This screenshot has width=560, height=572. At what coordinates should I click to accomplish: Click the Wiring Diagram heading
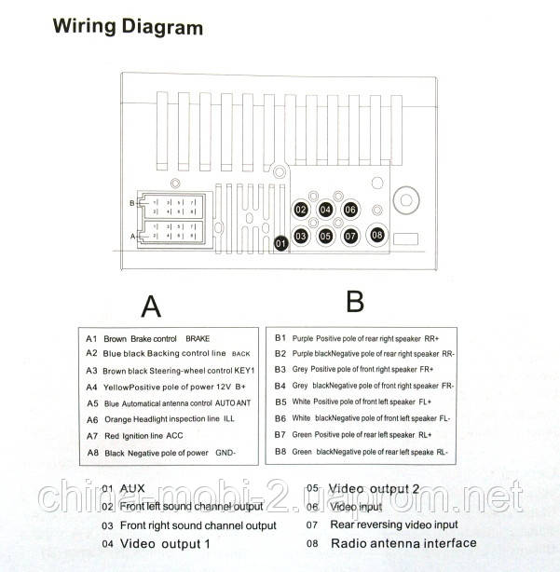[128, 26]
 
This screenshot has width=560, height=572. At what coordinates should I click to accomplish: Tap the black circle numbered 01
[280, 244]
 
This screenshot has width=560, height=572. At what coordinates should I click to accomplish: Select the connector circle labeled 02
[301, 211]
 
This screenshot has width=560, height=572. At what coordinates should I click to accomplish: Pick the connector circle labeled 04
[326, 211]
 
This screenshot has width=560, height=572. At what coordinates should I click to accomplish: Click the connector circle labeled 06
[350, 211]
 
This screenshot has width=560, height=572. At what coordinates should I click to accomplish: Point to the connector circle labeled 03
[301, 237]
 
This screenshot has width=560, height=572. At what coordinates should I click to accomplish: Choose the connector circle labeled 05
[326, 237]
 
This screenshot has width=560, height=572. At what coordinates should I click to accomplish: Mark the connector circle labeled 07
[350, 237]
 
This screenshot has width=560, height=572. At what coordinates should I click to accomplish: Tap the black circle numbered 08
[376, 236]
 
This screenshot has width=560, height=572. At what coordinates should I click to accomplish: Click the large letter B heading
[355, 301]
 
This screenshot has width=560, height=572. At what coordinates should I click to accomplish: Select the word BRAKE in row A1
[200, 339]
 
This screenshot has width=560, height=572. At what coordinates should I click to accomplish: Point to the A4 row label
[91, 387]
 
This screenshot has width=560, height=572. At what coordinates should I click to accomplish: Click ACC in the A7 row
[175, 435]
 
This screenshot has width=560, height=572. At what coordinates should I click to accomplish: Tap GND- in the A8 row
[225, 453]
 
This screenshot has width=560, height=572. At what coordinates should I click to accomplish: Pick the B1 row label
[280, 338]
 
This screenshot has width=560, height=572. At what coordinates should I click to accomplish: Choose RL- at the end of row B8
[442, 452]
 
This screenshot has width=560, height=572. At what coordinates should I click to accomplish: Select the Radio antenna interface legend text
[403, 543]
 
